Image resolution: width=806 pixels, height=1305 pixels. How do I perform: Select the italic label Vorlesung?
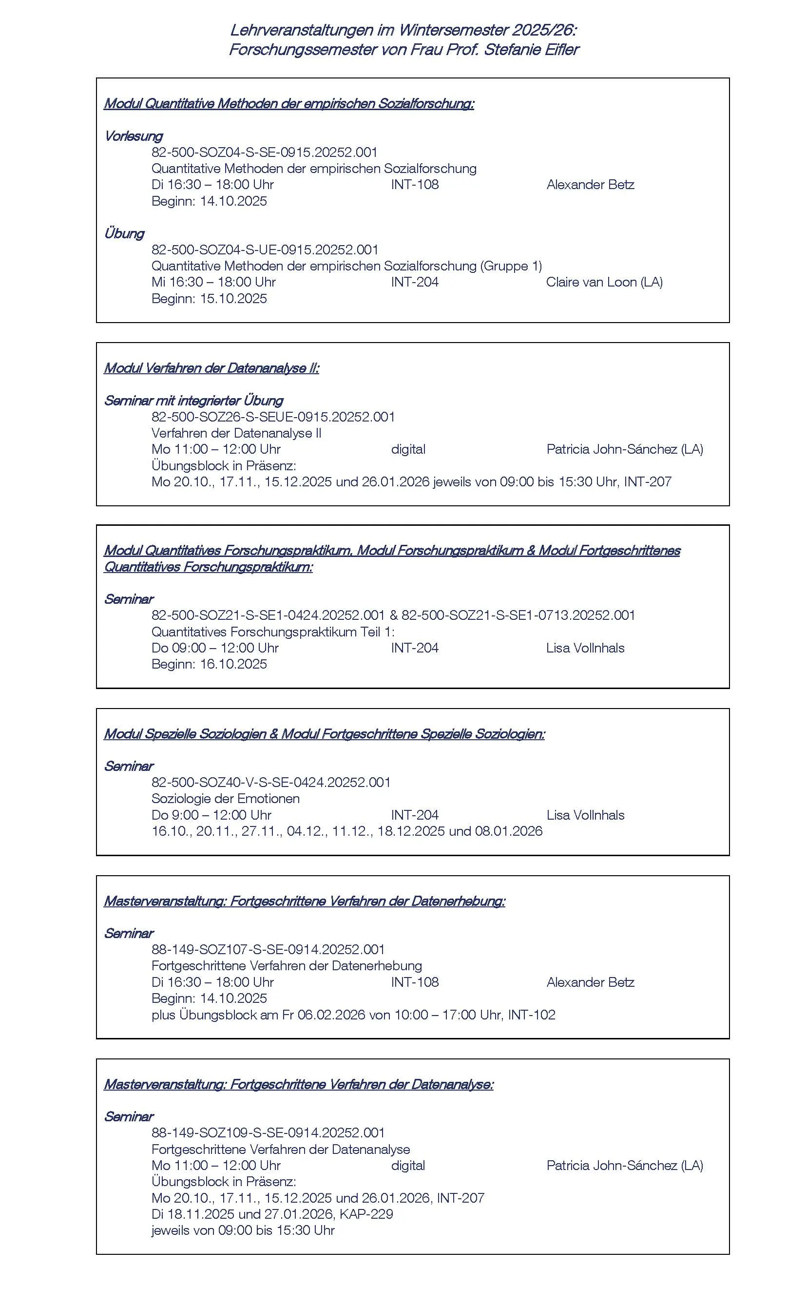133,136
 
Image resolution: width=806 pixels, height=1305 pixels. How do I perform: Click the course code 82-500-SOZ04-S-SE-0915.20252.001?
265,152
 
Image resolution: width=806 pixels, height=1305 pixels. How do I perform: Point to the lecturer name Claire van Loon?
591,282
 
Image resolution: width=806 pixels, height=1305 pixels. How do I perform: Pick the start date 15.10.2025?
233,299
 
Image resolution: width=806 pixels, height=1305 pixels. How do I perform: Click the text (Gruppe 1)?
511,266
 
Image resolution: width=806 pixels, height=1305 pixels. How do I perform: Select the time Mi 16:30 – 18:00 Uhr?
213,282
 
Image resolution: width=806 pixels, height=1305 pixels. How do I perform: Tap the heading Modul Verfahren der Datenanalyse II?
211,368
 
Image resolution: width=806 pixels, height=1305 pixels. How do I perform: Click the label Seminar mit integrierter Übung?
193,401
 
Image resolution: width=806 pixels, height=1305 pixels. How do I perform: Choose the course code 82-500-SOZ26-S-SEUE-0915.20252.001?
273,417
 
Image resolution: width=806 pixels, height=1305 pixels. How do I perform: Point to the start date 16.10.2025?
233,664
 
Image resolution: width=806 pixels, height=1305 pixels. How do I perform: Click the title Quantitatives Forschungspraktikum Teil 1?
272,632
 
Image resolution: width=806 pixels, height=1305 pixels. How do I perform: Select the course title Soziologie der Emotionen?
226,799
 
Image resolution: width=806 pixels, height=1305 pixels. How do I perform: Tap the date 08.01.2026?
509,831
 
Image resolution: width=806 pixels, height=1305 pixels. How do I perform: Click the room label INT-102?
532,1015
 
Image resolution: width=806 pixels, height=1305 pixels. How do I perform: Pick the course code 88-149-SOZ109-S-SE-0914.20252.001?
268,1133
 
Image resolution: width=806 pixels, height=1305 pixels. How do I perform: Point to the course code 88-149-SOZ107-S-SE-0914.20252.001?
268,949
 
